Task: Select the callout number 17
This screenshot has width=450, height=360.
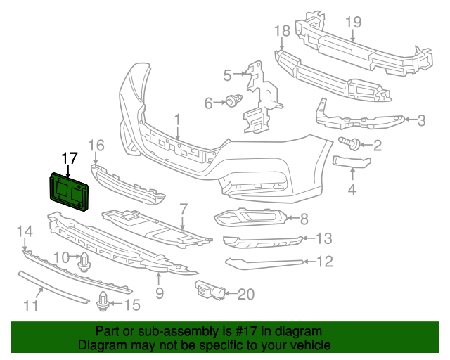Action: (68, 158)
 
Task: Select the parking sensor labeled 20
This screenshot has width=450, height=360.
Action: (208, 288)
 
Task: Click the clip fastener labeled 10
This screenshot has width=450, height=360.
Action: (84, 262)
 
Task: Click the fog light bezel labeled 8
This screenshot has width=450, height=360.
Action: (250, 218)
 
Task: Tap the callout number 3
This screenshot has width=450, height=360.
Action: (421, 121)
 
